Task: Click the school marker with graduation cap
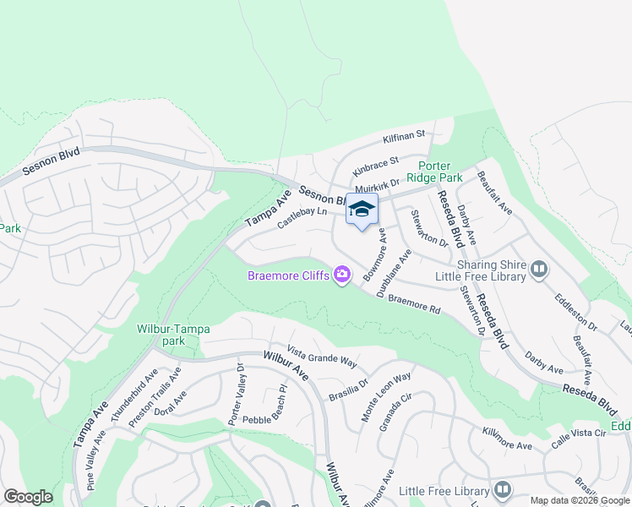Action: click(x=362, y=210)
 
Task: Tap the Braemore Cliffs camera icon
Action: click(x=342, y=275)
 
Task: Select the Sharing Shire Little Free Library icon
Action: click(x=539, y=270)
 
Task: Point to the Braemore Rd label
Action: click(x=414, y=304)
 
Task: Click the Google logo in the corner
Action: click(x=28, y=497)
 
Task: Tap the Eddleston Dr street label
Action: click(x=575, y=313)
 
